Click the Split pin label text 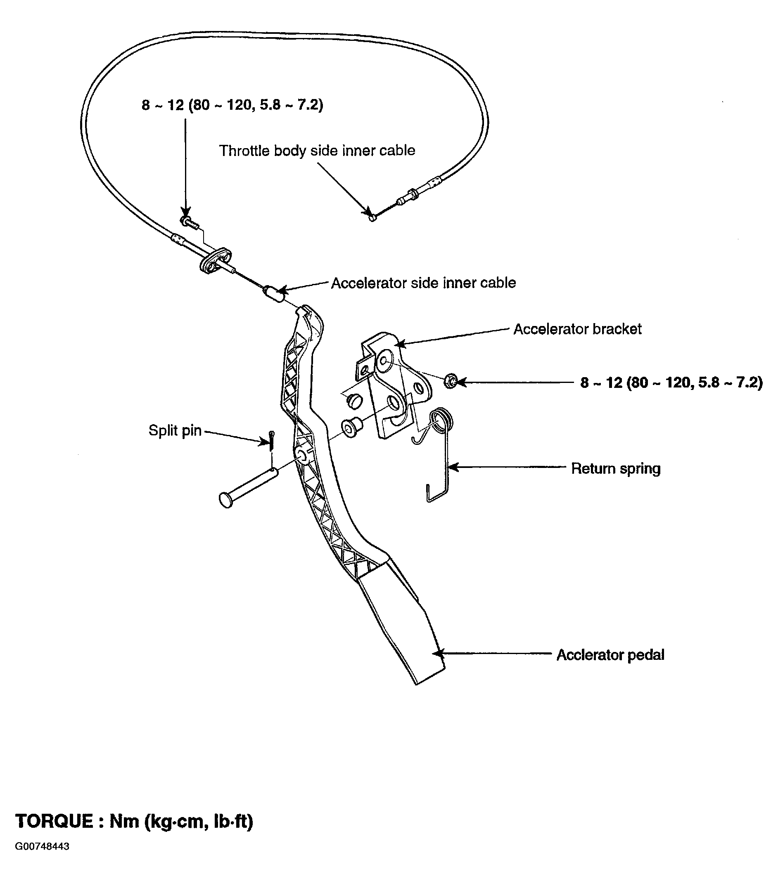(175, 430)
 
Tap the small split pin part (271, 441)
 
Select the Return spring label (615, 468)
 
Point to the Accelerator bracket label (577, 329)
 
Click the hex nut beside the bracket (450, 381)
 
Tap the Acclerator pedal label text (610, 655)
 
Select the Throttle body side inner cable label (317, 151)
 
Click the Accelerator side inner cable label (423, 283)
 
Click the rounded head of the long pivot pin (226, 501)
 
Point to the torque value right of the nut (671, 382)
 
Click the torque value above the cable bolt (232, 105)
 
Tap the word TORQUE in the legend (54, 822)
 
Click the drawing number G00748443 (42, 858)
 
